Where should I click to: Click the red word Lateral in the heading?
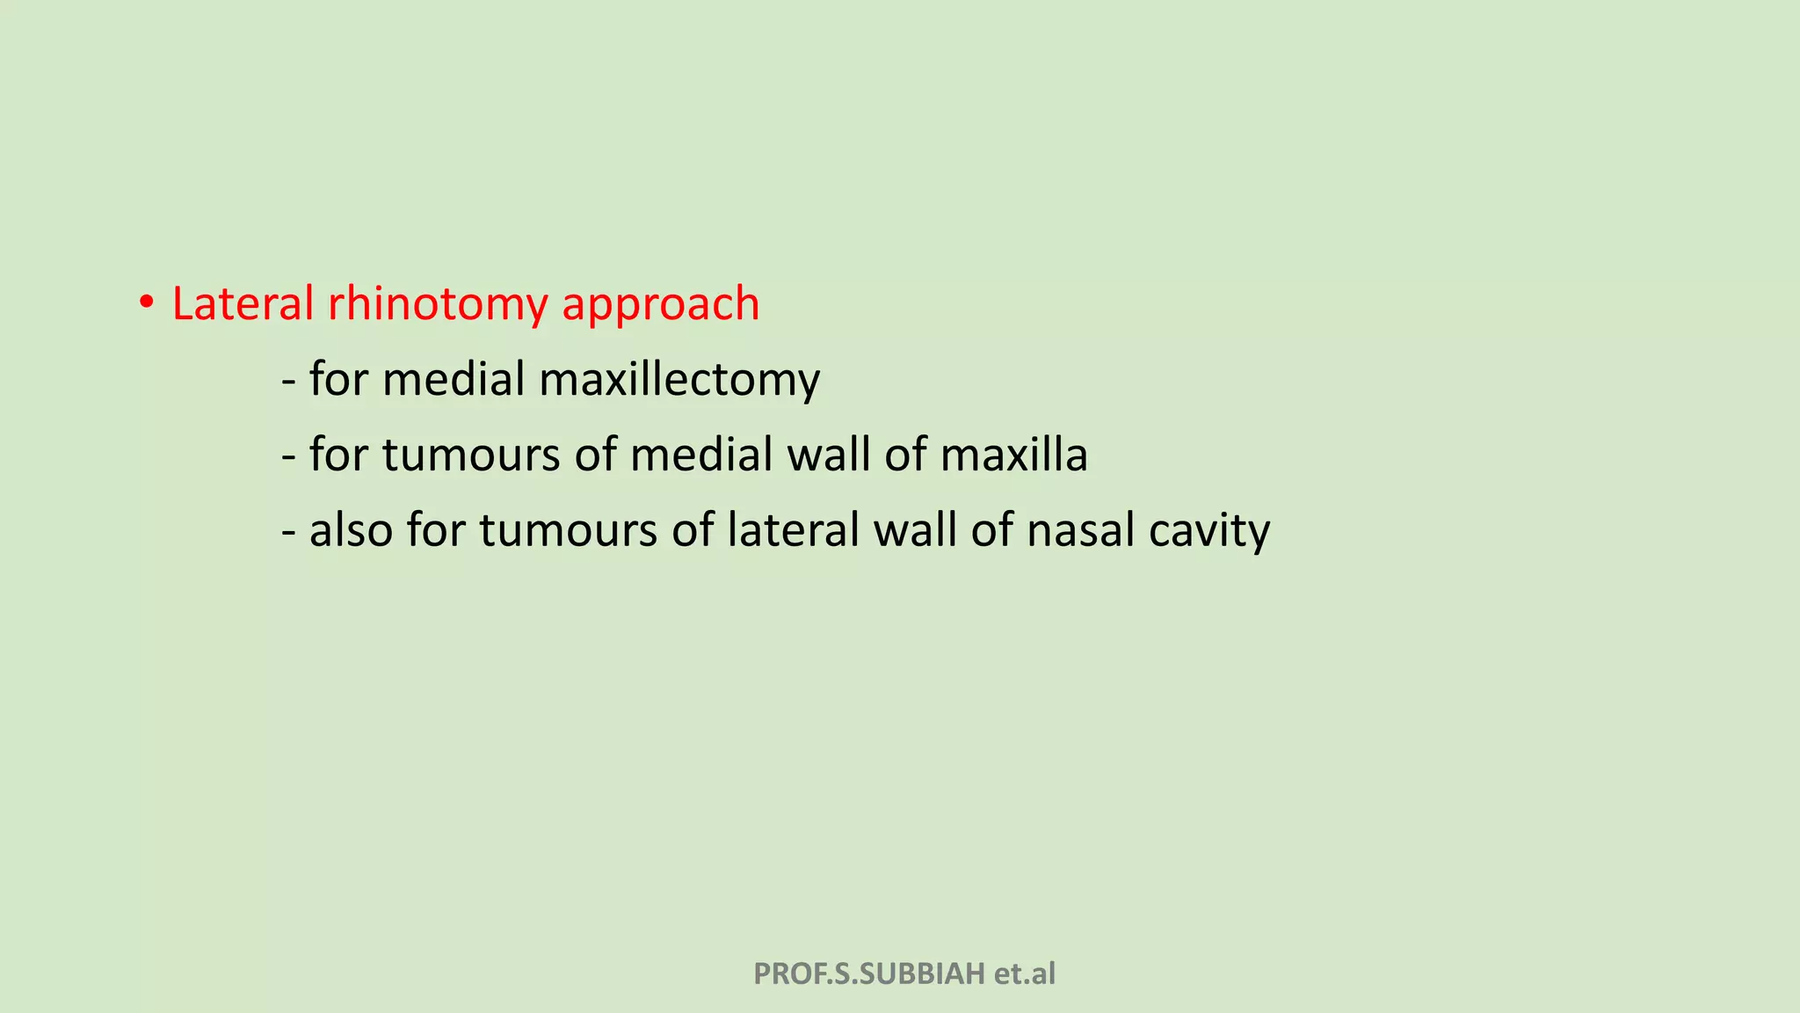tap(243, 304)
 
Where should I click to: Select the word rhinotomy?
tap(438, 304)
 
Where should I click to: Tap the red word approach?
tap(660, 304)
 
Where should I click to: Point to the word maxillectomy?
tap(679, 380)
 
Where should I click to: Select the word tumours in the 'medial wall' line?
tap(471, 455)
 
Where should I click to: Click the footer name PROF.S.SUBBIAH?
tap(869, 974)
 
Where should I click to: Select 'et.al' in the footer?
tap(1025, 974)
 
